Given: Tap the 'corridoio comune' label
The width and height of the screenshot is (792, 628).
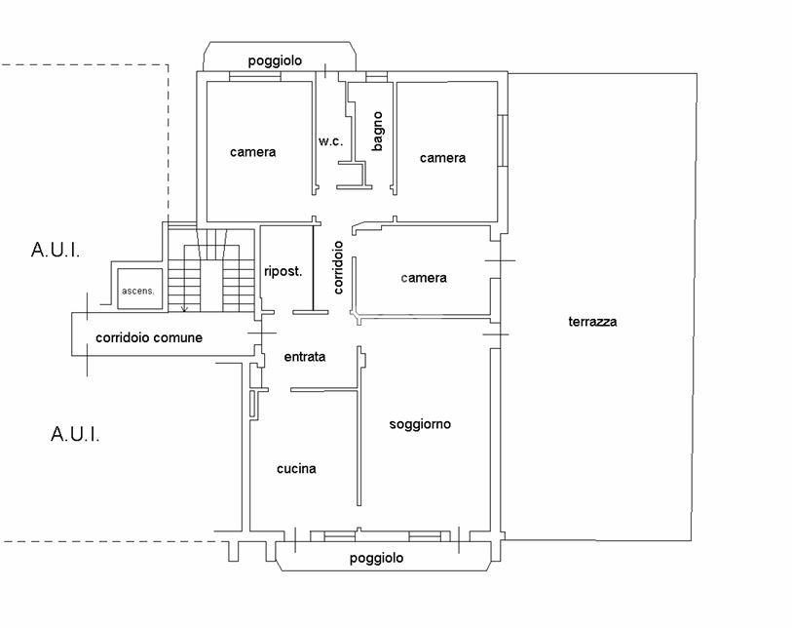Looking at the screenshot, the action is point(149,338).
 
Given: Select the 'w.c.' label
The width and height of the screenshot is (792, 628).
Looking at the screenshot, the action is point(330,142).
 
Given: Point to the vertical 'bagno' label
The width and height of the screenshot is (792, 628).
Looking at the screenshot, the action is point(377,131).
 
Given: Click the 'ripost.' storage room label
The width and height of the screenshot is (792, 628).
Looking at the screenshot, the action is point(283,271).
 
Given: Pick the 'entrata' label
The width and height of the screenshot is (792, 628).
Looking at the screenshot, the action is point(305,357).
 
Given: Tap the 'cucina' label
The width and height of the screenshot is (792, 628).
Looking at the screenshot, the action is point(296,469).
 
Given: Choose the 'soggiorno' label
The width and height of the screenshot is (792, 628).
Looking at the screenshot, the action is point(420,424).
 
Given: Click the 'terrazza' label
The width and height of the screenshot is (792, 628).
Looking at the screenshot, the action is point(594,322).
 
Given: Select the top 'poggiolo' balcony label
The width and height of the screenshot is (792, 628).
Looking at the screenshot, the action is point(275,60).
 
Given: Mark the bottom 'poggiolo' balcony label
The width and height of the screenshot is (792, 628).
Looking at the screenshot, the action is point(376,559).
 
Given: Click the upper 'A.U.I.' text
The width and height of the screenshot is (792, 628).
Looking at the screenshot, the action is point(56,251).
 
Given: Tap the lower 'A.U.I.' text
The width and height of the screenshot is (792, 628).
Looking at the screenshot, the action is point(75,434).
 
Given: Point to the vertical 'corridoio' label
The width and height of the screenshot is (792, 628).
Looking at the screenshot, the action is point(338,267).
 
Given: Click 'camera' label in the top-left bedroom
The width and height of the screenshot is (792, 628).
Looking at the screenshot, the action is point(253,152).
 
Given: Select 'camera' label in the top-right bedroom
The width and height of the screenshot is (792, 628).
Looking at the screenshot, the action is point(442,158).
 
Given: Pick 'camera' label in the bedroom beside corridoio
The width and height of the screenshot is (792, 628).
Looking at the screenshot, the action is point(424,278).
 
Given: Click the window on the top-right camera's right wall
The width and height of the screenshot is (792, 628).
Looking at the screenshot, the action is point(503,141).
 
